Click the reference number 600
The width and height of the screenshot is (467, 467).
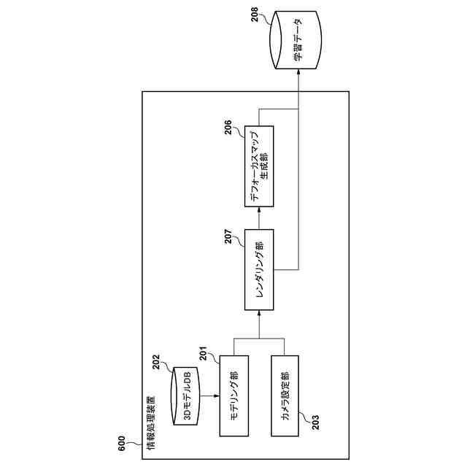point(122,444)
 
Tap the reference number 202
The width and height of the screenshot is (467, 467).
point(156,362)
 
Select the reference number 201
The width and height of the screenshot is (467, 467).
point(203,353)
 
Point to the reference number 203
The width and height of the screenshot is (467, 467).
point(315,422)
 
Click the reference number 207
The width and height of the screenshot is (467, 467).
point(228,236)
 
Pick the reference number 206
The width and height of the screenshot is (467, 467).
point(228,127)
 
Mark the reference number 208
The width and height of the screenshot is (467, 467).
point(255,15)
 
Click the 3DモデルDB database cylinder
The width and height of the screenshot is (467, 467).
point(185,396)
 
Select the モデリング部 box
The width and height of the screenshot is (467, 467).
point(234,396)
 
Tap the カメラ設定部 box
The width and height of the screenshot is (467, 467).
point(285,396)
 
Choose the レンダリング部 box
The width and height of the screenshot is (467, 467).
point(259,270)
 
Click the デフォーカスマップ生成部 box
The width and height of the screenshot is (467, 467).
point(259,166)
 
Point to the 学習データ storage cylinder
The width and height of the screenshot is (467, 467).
point(296,40)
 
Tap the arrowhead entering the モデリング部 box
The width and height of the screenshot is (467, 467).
point(217,396)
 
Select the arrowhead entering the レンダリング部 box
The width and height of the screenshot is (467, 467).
point(259,313)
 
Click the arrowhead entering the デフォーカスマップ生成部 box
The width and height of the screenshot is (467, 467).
point(259,210)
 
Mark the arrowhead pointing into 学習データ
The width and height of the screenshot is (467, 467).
point(298,72)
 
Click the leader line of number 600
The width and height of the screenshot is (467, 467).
point(134,444)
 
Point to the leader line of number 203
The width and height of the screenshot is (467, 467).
point(304,417)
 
